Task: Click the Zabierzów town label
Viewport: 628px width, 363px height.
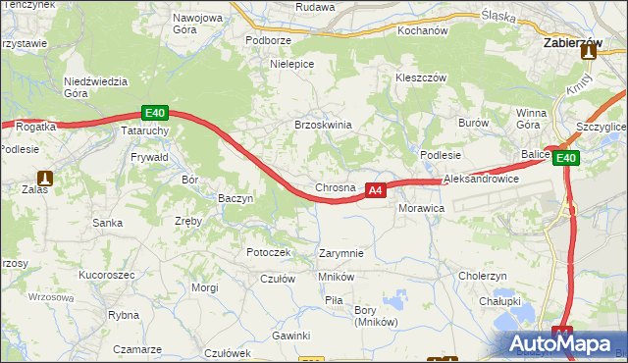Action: tap(572, 44)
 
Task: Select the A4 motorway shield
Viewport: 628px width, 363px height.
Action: tap(375, 190)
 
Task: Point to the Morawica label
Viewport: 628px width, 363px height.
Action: tap(422, 209)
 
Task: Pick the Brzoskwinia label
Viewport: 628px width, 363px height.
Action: tap(323, 125)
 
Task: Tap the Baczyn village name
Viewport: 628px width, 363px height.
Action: tap(235, 198)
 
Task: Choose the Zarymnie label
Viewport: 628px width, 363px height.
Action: tap(341, 253)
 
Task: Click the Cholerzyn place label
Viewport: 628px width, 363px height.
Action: tap(482, 276)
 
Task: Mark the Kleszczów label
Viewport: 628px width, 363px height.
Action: tap(420, 78)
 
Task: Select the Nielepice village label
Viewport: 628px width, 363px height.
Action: tap(291, 64)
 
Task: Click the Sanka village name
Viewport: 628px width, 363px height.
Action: tap(107, 223)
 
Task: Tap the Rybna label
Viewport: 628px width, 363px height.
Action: tap(124, 315)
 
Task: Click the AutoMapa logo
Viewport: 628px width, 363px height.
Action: tap(565, 343)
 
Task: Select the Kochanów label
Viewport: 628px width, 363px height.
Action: tap(422, 30)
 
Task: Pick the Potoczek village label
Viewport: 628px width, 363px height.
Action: tap(269, 252)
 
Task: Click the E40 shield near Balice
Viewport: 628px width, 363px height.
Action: tap(566, 158)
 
